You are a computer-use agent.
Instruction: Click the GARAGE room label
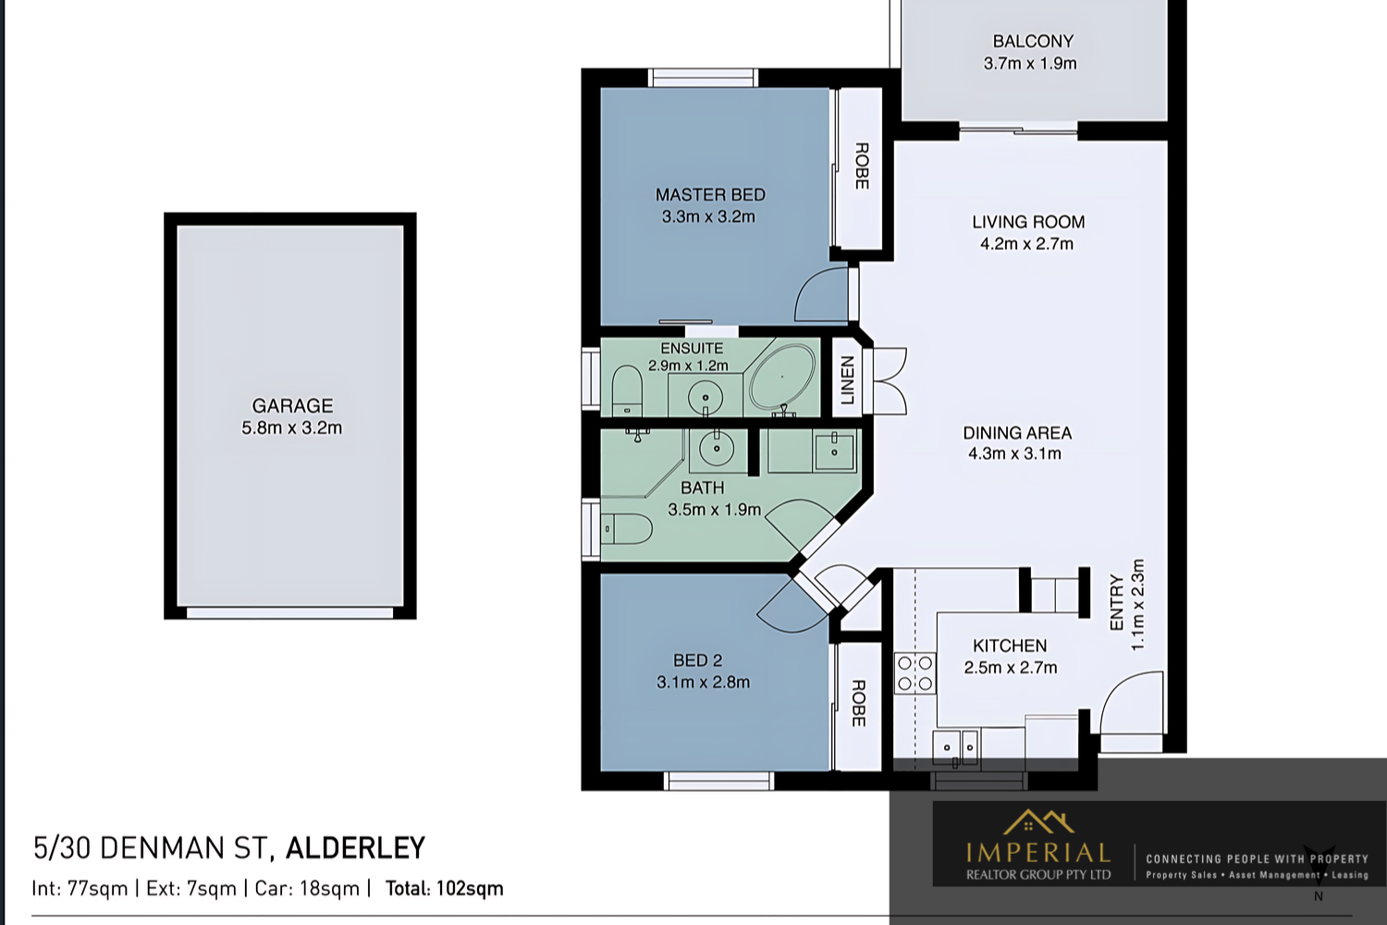click(292, 406)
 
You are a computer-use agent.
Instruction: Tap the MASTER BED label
click(710, 195)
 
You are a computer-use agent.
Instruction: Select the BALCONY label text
click(1033, 42)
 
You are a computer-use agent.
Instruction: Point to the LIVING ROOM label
click(1028, 222)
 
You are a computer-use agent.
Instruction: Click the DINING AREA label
click(1017, 433)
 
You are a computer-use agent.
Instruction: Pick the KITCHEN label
click(1010, 646)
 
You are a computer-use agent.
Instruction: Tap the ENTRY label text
click(1117, 603)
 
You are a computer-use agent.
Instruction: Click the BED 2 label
click(697, 660)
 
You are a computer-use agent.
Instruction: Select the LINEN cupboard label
click(847, 380)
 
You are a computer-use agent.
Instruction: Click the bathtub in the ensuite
click(782, 377)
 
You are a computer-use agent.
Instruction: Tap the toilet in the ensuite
click(627, 388)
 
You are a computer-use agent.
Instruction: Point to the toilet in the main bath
click(629, 529)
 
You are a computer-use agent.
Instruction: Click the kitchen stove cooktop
click(914, 673)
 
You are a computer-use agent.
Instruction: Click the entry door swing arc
click(1130, 703)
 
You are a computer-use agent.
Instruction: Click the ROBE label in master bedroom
click(862, 166)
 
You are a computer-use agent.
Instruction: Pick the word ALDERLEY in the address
click(355, 848)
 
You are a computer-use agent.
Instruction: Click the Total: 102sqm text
click(444, 889)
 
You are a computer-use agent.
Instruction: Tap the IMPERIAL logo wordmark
click(1037, 852)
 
